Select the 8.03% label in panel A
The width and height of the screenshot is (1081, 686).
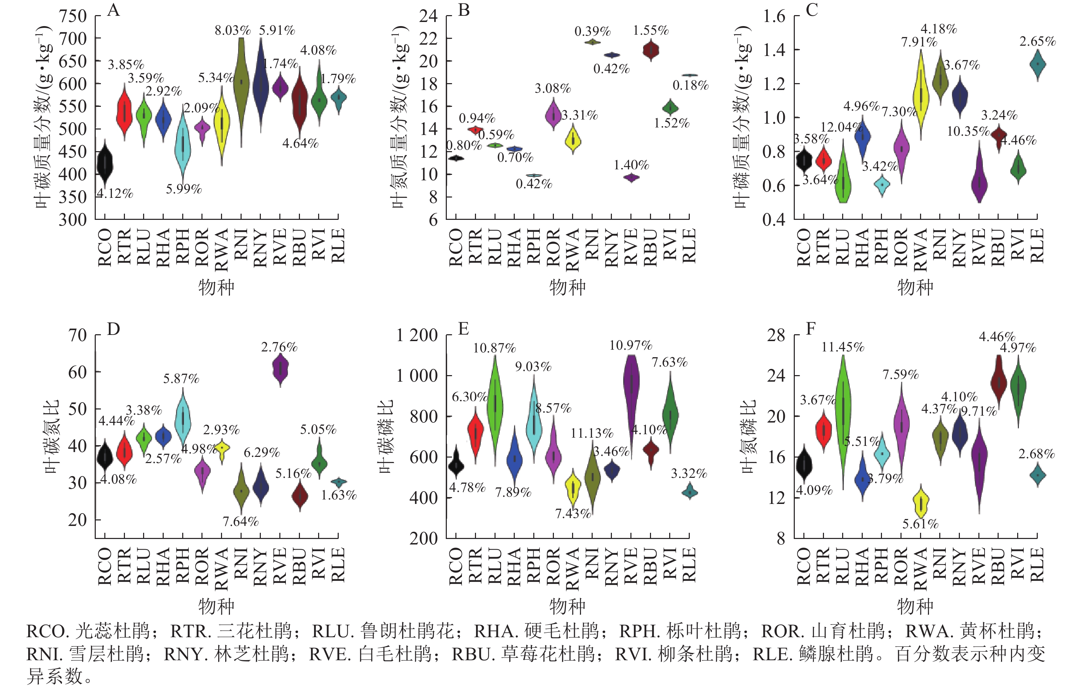pyautogui.click(x=232, y=31)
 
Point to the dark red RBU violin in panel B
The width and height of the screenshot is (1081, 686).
pyautogui.click(x=650, y=50)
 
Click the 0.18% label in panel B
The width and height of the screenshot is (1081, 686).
pyautogui.click(x=690, y=85)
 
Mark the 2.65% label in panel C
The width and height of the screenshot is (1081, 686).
pyautogui.click(x=1037, y=41)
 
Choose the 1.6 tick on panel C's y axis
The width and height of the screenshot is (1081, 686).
pyautogui.click(x=775, y=16)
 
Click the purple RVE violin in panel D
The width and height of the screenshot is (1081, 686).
pyautogui.click(x=280, y=369)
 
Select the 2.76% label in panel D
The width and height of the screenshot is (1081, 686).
pyautogui.click(x=279, y=347)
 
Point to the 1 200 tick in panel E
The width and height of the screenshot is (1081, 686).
pyautogui.click(x=417, y=335)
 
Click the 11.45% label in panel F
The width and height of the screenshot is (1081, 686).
pyautogui.click(x=842, y=347)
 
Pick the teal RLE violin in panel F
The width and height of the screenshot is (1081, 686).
pyautogui.click(x=1037, y=475)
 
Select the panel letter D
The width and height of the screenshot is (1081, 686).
pyautogui.click(x=114, y=329)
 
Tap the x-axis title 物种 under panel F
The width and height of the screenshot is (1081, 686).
pyautogui.click(x=915, y=606)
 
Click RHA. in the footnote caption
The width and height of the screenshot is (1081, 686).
pyautogui.click(x=491, y=631)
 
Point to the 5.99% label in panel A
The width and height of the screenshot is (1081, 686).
pyautogui.click(x=184, y=189)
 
